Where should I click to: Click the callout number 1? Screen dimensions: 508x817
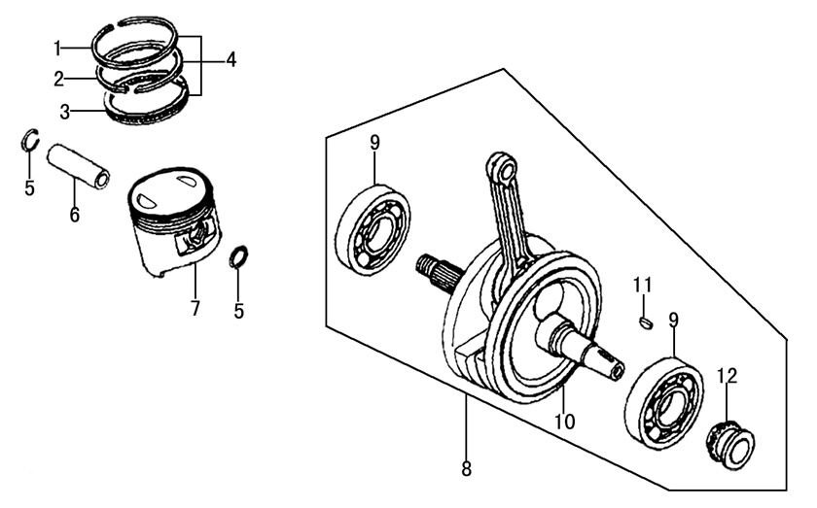coord(57,47)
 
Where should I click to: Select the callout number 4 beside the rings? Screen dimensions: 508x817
coord(231,60)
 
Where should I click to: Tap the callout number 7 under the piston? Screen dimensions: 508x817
coord(195,309)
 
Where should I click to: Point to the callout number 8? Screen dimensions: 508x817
coord(466,469)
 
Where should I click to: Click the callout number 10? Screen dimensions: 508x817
coord(565,422)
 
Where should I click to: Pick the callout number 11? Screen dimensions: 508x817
coord(641,285)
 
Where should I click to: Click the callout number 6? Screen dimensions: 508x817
coord(74,215)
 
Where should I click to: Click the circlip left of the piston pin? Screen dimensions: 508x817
coord(30,143)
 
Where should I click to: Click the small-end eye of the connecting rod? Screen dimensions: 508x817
coord(503,169)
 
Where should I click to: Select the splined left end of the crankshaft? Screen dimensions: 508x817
coord(435,271)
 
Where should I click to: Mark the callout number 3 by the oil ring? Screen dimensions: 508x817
coord(65,112)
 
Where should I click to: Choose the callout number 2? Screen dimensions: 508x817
coord(59,79)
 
